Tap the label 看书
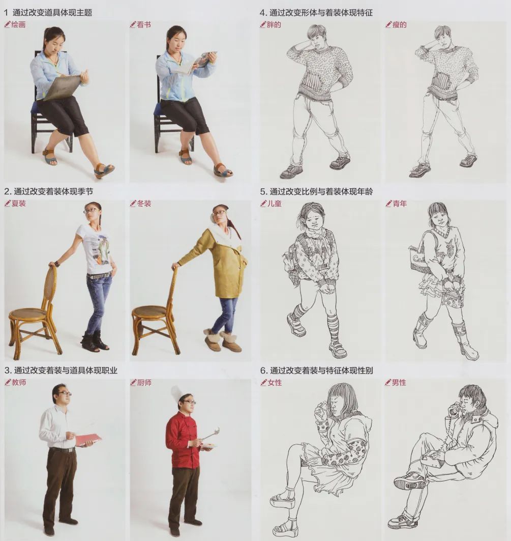144,24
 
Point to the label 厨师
144,382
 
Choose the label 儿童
274,204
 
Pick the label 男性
399,382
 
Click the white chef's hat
177,393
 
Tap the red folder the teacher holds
87,439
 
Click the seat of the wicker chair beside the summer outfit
28,314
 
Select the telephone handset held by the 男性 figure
452,408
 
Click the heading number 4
262,12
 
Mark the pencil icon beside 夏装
8,204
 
